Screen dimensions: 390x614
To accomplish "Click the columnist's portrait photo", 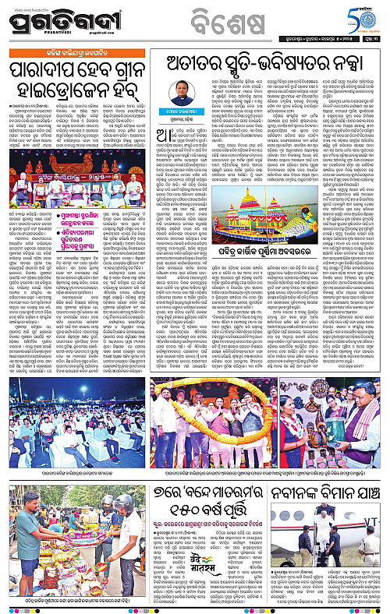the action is click(181, 101).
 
